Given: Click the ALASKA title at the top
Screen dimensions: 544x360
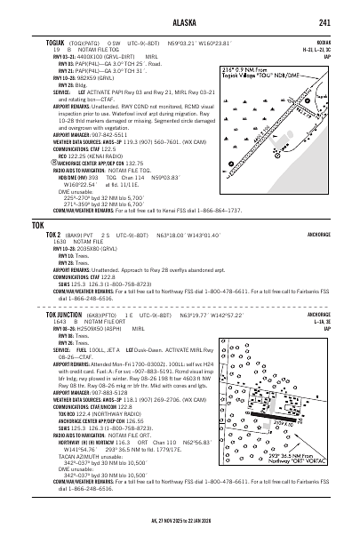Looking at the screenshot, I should point(180,22).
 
